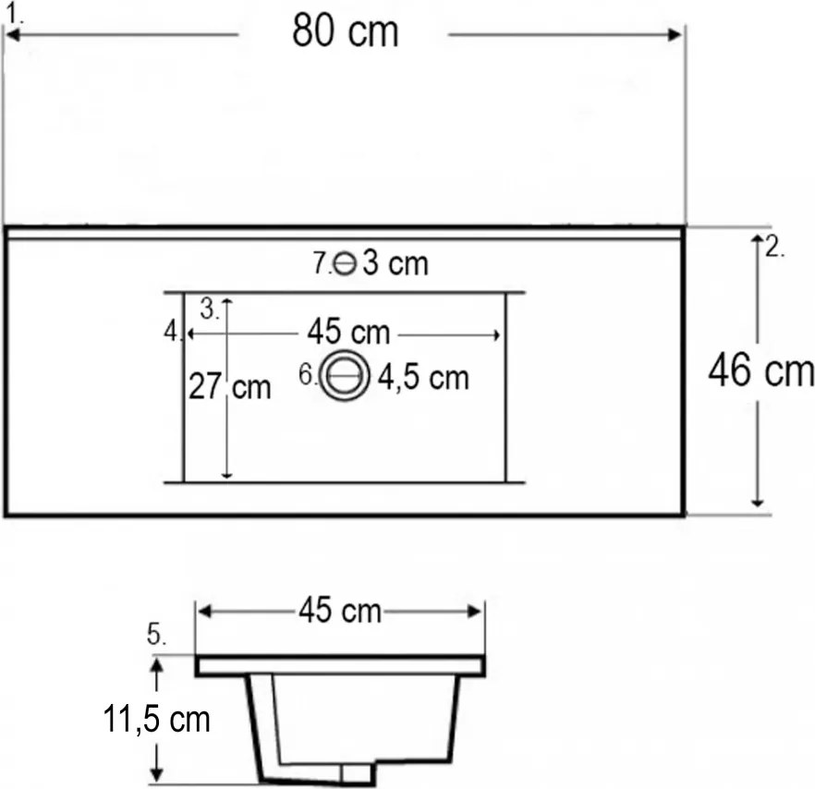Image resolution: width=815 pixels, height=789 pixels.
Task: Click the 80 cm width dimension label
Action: point(346,30)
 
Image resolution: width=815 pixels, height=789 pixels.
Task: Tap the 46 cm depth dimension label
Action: point(761,371)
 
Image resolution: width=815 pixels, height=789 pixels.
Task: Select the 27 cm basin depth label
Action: point(230,387)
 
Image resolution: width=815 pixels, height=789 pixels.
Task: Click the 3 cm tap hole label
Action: point(395,262)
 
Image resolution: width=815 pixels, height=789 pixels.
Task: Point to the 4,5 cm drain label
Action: point(423,377)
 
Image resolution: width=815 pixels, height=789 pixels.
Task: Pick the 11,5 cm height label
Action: point(156,720)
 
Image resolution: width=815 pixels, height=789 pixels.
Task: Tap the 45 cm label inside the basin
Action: point(348,332)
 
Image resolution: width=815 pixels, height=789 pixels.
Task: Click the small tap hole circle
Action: point(345,263)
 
